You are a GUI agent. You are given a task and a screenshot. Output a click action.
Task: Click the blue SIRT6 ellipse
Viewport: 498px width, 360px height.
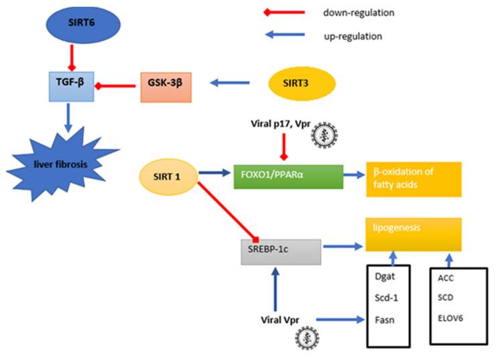81,24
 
